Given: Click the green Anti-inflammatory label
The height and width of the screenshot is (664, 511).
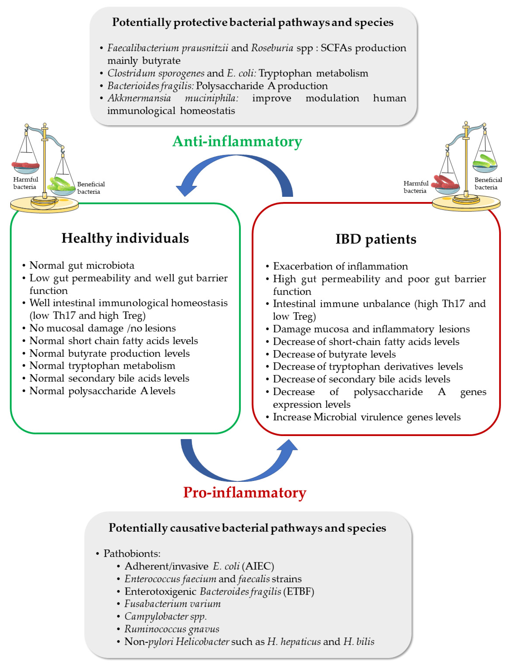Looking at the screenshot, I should point(237,142).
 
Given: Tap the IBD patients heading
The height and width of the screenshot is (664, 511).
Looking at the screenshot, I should point(376,239).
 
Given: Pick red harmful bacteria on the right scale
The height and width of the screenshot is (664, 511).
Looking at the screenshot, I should point(446,182).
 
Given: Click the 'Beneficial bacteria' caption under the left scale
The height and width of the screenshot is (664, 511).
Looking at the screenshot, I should point(91,188).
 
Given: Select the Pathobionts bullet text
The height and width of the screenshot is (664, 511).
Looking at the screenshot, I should point(132,553).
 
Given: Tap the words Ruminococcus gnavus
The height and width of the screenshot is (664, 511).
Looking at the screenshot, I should point(172,629).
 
